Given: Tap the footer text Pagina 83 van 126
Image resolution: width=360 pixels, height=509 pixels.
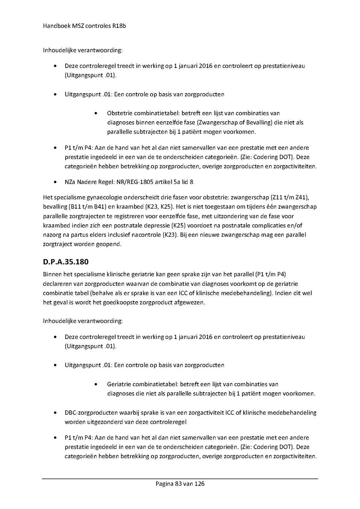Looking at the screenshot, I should pos(180,484).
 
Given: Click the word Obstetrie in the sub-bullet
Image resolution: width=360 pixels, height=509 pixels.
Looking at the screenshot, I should pos(119,113).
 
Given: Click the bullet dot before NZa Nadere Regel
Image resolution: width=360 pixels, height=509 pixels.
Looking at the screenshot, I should pos(55,182).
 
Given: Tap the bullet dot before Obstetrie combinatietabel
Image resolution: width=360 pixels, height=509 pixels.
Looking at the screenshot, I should pos(97,114).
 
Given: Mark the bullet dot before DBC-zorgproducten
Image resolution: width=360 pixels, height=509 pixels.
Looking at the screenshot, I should pos(55,413).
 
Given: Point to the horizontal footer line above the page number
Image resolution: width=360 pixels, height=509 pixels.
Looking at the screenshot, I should pos(180,478).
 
